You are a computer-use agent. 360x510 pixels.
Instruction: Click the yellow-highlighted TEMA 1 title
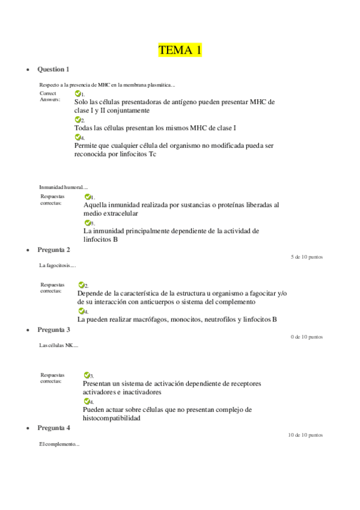[180, 50]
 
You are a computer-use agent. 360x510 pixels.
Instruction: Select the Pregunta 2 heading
[53, 250]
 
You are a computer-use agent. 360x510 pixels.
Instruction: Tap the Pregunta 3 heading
[53, 330]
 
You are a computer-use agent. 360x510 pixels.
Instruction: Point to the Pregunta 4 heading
[53, 428]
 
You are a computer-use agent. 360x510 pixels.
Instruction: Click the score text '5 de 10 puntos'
[307, 257]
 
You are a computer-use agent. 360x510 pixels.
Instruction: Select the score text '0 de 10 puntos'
[307, 337]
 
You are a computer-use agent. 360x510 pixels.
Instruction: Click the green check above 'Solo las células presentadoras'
[78, 94]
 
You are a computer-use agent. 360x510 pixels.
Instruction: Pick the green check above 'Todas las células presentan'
[78, 120]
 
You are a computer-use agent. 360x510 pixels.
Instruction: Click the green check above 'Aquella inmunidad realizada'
[87, 197]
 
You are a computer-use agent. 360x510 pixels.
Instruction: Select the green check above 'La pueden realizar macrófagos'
[81, 311]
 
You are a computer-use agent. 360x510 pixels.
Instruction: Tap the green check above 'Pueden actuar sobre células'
[87, 401]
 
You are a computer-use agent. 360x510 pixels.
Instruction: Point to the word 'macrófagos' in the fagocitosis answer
[144, 319]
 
